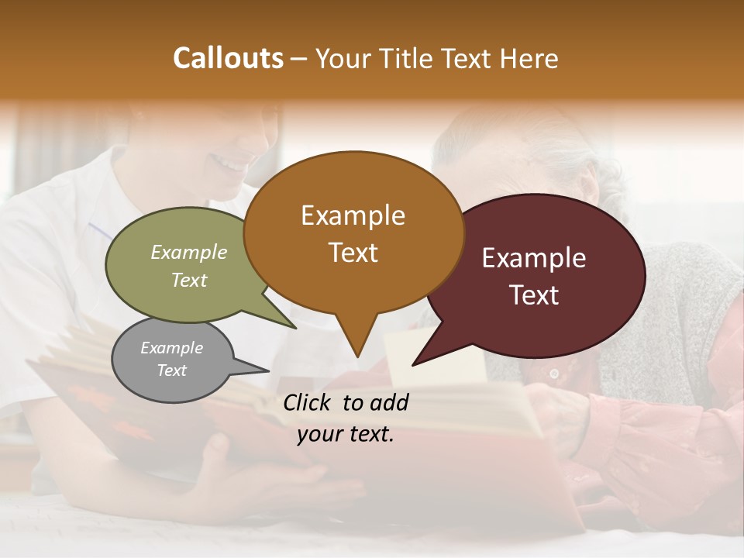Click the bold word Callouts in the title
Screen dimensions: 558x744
point(228,58)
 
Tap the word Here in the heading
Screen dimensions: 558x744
point(527,58)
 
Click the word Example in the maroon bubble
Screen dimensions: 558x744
point(534,258)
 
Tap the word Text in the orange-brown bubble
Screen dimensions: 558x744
point(353,253)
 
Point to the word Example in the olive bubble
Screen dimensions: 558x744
point(189,253)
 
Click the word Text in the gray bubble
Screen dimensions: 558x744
point(172,370)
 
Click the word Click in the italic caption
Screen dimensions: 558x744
point(309,402)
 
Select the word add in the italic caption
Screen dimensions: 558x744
point(389,402)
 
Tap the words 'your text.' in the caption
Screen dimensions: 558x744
point(346,434)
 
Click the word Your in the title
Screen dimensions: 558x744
point(342,58)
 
